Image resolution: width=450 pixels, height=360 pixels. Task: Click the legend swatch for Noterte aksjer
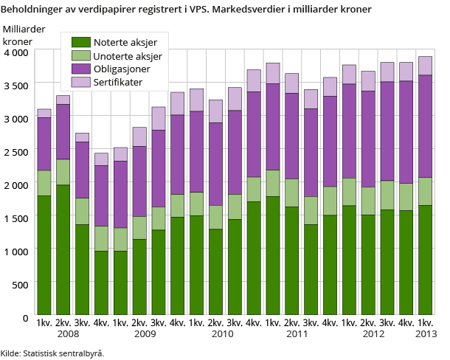pos(80,41)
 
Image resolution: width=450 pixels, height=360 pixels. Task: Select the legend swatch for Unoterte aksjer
pos(80,55)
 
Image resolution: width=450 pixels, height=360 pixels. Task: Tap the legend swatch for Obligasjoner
pos(80,68)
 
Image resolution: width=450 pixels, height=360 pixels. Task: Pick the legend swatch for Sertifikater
pos(80,81)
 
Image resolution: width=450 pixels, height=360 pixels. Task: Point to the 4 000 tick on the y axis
pos(15,53)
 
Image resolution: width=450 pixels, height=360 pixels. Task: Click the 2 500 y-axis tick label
pos(15,152)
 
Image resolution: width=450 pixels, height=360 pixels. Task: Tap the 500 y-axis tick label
pos(20,284)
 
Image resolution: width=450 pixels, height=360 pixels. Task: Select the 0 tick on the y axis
pos(25,317)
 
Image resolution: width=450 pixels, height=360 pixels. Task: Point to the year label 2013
pos(425,334)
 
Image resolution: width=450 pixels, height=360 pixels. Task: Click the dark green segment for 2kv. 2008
pos(63,250)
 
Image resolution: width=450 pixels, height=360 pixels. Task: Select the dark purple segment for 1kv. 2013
pos(425,126)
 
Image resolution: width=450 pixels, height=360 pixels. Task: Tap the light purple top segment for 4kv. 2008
pos(101,159)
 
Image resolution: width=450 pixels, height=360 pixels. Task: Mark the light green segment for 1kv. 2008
pos(44,183)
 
